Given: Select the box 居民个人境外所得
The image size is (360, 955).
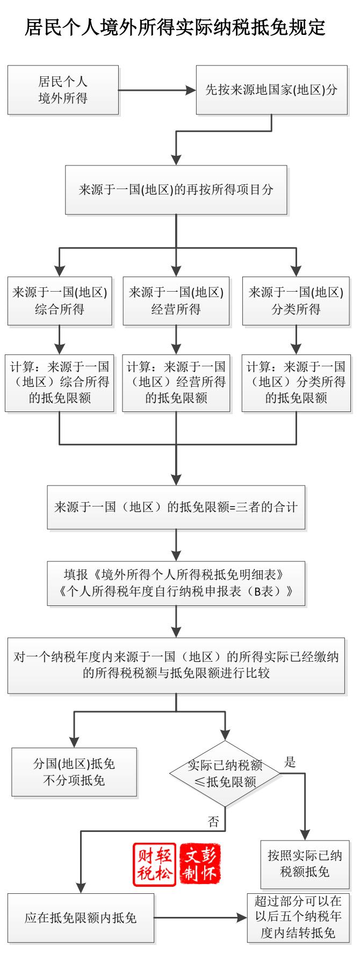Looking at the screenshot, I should [63, 90].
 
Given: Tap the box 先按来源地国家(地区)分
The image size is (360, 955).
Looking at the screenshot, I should [271, 90].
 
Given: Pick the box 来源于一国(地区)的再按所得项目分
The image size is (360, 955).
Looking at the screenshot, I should [176, 190].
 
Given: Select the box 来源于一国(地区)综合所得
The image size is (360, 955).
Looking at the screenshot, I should [60, 301].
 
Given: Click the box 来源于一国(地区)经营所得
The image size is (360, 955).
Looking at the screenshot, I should [176, 301].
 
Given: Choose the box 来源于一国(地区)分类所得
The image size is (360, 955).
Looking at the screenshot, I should [296, 301].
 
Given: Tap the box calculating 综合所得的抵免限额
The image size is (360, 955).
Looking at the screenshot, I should [60, 382].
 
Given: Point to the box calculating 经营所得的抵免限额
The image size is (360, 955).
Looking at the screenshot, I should [176, 382].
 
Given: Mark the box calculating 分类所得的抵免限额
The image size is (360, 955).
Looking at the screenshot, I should [296, 382].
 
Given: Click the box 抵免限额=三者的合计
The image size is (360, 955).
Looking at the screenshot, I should [176, 507].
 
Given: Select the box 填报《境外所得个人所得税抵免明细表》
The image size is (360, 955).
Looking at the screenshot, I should [176, 583].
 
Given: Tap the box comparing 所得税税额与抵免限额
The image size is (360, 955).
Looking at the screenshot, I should [176, 665].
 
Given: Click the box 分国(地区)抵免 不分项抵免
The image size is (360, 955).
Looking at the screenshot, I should [74, 772].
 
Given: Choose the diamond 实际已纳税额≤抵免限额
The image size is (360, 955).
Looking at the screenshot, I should [225, 773].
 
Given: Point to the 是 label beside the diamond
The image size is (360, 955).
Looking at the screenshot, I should [290, 762].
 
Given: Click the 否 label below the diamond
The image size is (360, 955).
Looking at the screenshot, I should [213, 821].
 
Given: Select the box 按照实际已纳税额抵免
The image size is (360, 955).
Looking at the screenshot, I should [305, 864].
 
